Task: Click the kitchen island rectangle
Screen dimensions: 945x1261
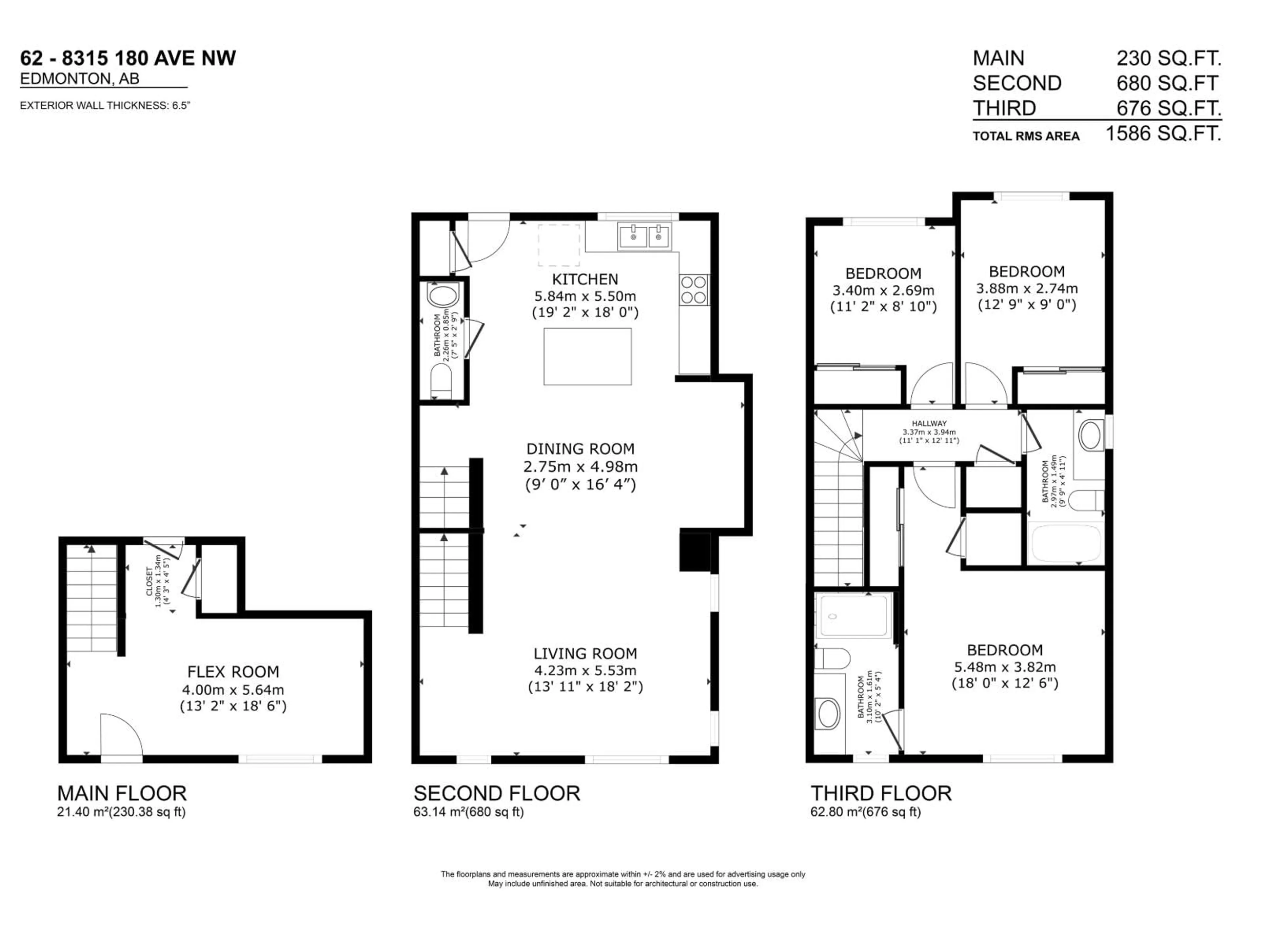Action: point(587,357)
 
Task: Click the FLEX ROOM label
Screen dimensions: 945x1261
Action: point(233,672)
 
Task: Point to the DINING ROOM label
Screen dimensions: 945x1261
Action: point(580,449)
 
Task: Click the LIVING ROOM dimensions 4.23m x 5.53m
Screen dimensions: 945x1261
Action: point(585,670)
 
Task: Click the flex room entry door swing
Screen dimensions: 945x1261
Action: point(121,735)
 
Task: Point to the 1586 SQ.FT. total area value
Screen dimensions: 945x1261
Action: point(1163,134)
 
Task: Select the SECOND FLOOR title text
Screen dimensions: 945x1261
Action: point(497,793)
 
